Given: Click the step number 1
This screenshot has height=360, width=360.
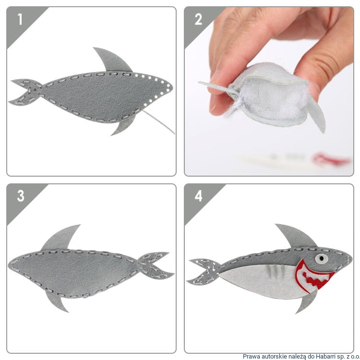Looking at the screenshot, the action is [x=20, y=19].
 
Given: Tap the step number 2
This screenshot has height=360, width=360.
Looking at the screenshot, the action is [x=198, y=19].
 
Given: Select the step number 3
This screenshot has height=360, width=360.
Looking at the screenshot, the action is [x=21, y=196].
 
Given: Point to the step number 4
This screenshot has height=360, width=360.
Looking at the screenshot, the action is [x=198, y=196].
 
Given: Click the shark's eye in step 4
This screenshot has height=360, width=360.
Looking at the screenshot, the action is [x=321, y=259].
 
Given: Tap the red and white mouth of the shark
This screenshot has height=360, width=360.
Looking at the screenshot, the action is [x=312, y=276].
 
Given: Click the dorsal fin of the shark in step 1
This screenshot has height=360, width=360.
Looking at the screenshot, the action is [x=112, y=60].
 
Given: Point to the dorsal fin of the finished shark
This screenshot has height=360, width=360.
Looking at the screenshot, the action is [x=295, y=237].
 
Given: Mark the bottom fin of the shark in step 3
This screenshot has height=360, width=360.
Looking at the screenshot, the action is [x=56, y=301].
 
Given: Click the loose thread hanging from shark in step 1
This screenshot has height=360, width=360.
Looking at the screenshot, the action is [x=159, y=122].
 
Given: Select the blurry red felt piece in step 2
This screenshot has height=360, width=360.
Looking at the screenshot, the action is [x=331, y=159].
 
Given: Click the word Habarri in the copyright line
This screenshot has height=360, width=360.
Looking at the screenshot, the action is [x=324, y=356].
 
